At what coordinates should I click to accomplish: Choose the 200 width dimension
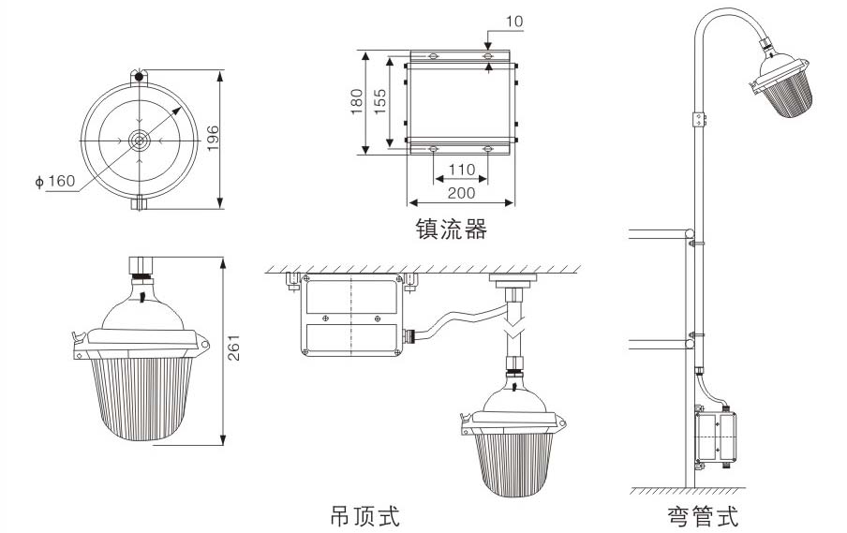click(461, 193)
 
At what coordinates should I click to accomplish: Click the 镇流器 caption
click(451, 228)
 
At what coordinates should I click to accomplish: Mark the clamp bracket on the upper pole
click(697, 119)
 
